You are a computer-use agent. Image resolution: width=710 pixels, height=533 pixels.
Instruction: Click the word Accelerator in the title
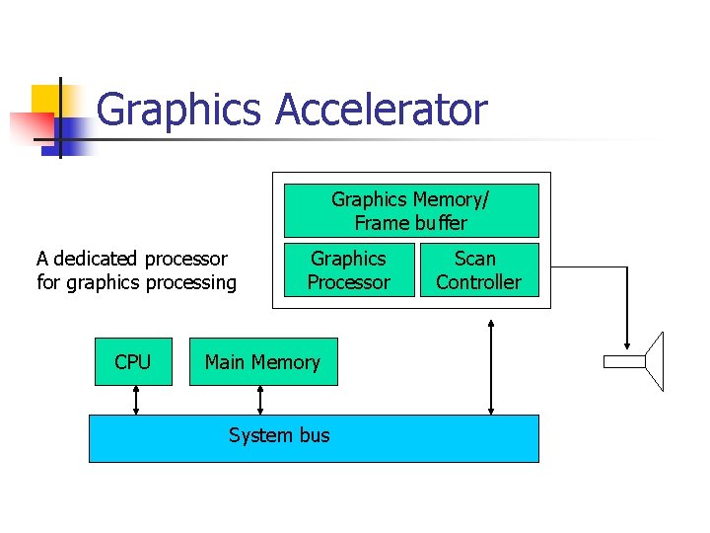pyautogui.click(x=381, y=110)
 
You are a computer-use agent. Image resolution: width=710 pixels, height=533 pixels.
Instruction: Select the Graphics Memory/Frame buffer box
pyautogui.click(x=411, y=210)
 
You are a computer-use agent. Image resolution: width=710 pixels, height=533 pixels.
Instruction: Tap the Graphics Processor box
pyautogui.click(x=348, y=269)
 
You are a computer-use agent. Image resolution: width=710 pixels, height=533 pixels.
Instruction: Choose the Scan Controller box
pyautogui.click(x=477, y=269)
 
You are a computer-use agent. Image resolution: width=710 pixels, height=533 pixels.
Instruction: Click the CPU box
pyautogui.click(x=132, y=362)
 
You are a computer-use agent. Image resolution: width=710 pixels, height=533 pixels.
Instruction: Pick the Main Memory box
pyautogui.click(x=262, y=362)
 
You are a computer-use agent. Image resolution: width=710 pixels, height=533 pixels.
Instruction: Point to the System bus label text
pyautogui.click(x=279, y=435)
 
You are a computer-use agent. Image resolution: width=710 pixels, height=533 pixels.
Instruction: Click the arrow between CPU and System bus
pyautogui.click(x=136, y=400)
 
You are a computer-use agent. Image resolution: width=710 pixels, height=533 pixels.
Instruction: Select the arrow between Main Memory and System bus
pyautogui.click(x=260, y=400)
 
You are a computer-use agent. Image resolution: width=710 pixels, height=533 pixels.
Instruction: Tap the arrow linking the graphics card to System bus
pyautogui.click(x=490, y=365)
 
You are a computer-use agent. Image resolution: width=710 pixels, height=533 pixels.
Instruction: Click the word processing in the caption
pyautogui.click(x=191, y=283)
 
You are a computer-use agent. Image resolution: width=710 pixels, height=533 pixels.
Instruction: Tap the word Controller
pyautogui.click(x=478, y=282)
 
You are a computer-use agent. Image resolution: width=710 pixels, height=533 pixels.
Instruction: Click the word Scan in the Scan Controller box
pyautogui.click(x=475, y=259)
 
